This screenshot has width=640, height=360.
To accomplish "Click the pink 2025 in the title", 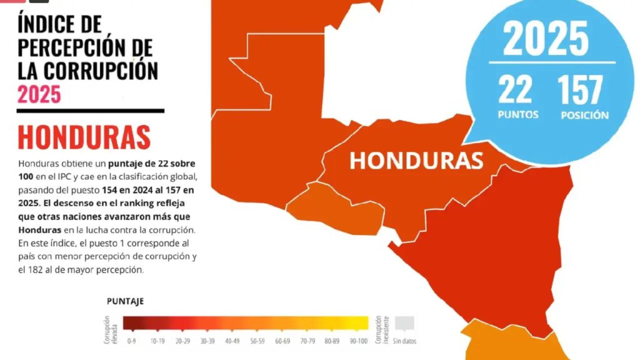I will click(x=39, y=94).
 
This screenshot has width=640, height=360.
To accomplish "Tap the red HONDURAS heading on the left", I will click(x=84, y=137).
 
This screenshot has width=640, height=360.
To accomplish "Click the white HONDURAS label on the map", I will click(x=416, y=160).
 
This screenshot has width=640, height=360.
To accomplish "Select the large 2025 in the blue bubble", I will click(x=546, y=39).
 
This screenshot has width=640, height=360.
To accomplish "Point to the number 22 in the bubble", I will click(x=516, y=90).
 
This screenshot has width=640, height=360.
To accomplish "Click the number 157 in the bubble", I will click(x=581, y=90).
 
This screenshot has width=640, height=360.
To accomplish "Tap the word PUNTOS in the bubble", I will click(x=518, y=115).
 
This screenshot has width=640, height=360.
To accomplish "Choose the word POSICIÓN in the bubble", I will click(x=584, y=115).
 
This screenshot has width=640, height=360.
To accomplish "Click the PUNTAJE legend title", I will click(x=125, y=301).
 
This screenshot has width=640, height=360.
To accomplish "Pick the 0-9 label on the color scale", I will click(x=131, y=341).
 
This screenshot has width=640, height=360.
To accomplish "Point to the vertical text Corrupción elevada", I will click(x=111, y=329).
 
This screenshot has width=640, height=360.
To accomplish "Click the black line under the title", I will click(x=91, y=111).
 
